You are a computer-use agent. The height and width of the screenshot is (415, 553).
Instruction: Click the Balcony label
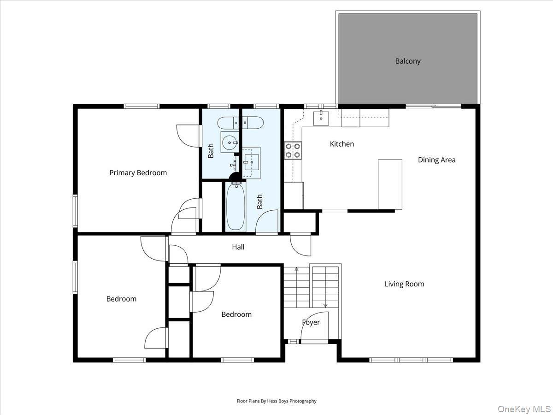[x=407, y=61]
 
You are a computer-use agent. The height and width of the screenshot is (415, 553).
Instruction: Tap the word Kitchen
[x=342, y=144]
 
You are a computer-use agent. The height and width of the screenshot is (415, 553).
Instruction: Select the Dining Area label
[x=436, y=160]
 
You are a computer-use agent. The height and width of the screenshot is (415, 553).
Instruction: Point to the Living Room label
[x=404, y=284]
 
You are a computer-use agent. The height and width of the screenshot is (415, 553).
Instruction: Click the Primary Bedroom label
[x=138, y=173]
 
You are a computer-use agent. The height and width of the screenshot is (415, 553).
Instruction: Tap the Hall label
[x=238, y=247]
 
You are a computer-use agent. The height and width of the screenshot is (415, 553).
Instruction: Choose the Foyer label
[x=311, y=322]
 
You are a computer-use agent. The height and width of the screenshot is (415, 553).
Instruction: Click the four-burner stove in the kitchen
[x=293, y=150]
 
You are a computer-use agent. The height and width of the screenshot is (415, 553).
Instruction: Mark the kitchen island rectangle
[x=390, y=184]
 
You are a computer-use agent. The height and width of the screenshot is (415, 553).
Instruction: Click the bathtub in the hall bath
[x=235, y=207]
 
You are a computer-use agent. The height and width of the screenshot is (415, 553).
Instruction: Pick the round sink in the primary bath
[x=229, y=142]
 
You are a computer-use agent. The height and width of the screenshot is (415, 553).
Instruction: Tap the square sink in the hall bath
[x=252, y=162]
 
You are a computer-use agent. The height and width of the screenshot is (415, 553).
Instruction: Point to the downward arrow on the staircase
[x=325, y=305]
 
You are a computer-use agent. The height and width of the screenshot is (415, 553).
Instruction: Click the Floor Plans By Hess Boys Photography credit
[x=276, y=401]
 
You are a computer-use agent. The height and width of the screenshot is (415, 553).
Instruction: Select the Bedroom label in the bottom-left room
[x=121, y=299]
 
